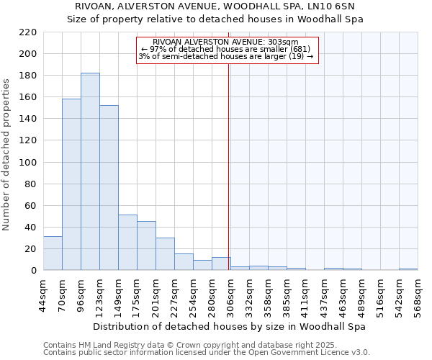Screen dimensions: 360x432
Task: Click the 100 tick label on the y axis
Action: [x=28, y=163]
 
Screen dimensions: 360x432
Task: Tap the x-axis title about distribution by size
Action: [x=230, y=326]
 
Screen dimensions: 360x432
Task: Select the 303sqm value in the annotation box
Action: [x=292, y=42]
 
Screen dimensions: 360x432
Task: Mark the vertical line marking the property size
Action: [x=229, y=180]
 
